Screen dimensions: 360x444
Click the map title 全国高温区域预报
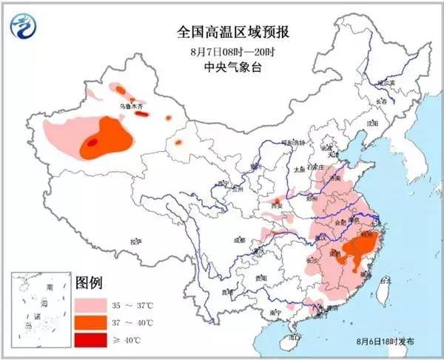[223, 33]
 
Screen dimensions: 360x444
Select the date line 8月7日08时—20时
[223, 51]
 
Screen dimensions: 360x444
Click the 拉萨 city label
[134, 241]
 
